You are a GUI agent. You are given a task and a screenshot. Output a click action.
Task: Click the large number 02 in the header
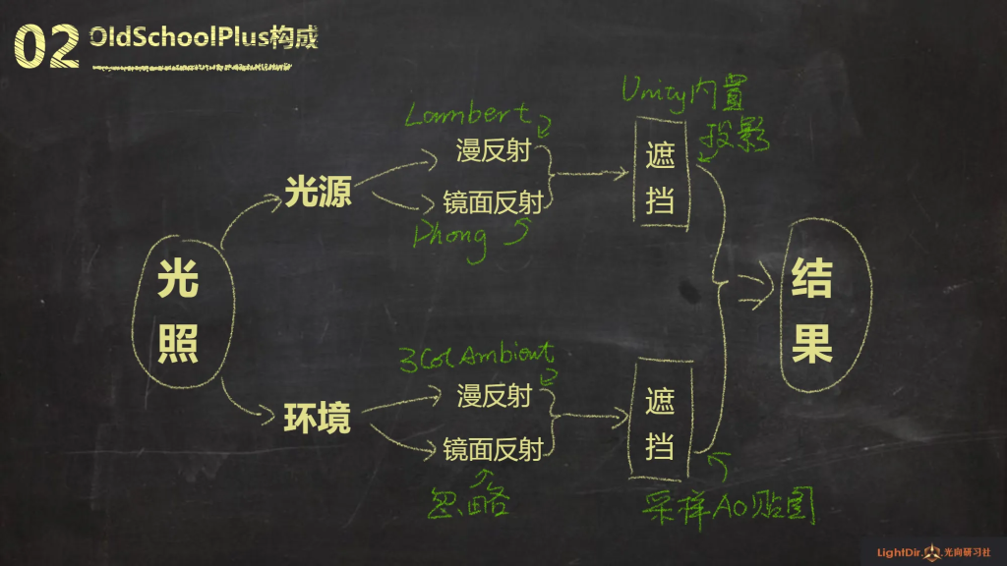[46, 46]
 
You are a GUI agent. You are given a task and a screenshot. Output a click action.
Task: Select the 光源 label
[319, 193]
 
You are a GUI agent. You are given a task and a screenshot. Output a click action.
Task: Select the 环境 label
[318, 418]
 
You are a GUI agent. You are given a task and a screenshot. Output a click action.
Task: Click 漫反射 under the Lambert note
[494, 151]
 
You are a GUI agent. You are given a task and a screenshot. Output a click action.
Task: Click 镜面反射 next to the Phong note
[493, 203]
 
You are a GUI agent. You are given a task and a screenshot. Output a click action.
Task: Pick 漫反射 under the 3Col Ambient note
[494, 396]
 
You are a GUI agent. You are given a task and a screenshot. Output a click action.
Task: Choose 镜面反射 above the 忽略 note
[493, 449]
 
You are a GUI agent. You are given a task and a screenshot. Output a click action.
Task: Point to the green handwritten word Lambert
[468, 116]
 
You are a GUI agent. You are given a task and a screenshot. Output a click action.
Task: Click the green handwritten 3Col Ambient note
[476, 355]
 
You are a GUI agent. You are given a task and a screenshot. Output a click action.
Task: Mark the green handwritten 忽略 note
[470, 501]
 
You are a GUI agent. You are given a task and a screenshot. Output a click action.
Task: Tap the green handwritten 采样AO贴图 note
[729, 508]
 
